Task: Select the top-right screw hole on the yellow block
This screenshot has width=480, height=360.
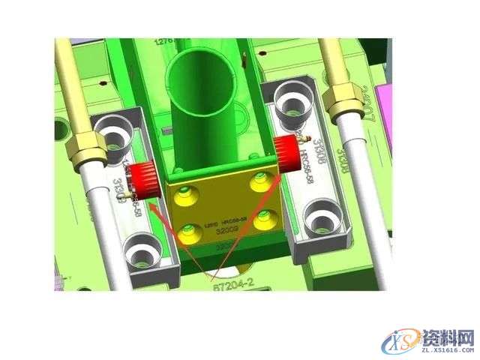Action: (259, 176)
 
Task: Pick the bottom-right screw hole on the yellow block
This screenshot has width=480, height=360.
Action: (263, 220)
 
